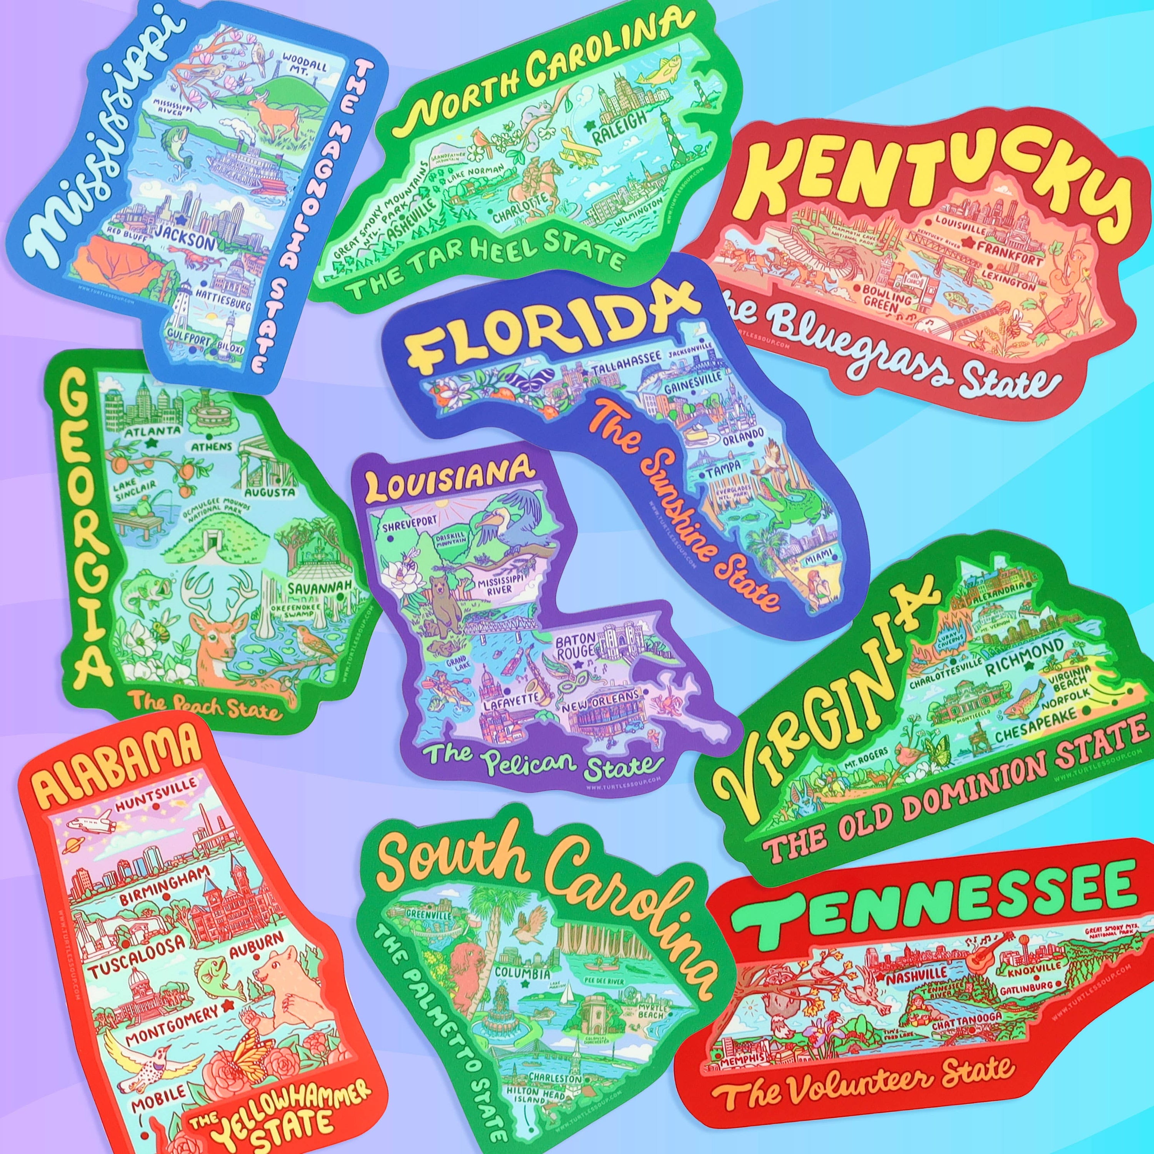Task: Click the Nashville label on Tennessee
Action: tap(908, 978)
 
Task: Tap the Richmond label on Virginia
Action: tap(1024, 655)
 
